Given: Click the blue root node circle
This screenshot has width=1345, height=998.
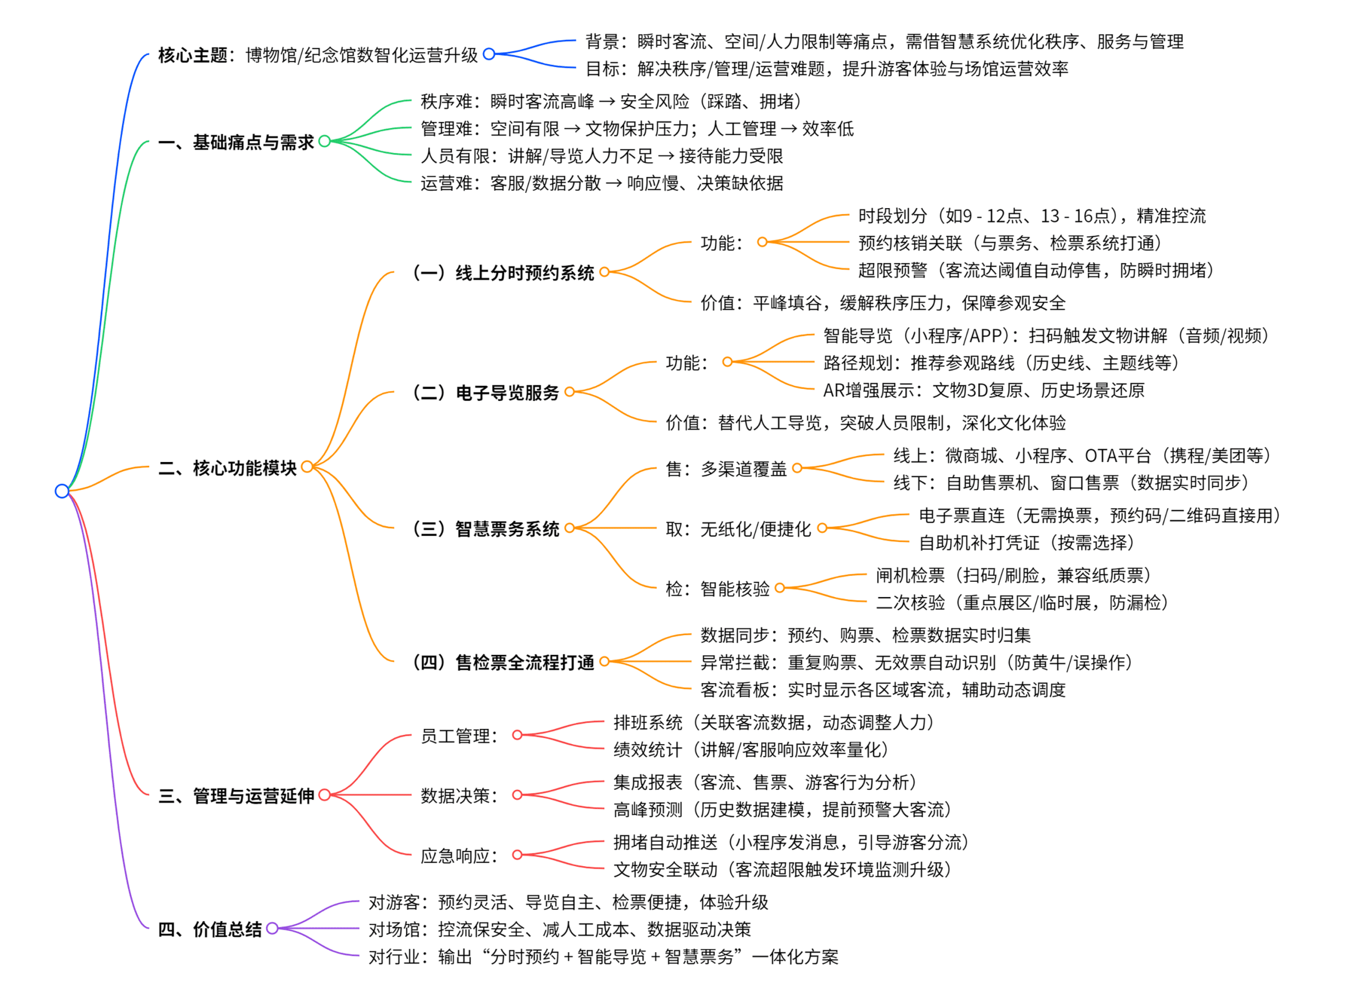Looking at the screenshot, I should (x=61, y=490).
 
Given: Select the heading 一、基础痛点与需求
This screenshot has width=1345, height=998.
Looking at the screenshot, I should (x=235, y=142).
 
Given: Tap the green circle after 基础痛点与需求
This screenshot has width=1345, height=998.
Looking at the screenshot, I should (x=324, y=141).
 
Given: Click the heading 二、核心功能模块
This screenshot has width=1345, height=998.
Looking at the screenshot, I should (x=227, y=468).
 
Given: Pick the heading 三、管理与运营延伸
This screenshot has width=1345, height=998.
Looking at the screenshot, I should (x=235, y=796).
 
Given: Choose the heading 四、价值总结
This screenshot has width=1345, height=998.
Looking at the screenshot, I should (x=210, y=929).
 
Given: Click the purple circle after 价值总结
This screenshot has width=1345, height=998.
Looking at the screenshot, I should (x=272, y=928).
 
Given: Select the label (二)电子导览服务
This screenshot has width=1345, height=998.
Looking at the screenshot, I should (x=485, y=393).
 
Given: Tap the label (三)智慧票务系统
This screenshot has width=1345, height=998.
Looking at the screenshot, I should (x=485, y=529).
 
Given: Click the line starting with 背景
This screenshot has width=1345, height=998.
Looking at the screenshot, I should (x=884, y=42).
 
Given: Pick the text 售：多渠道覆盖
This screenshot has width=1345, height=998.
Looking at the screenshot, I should (x=726, y=469).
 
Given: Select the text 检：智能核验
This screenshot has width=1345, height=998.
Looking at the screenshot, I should (x=718, y=589).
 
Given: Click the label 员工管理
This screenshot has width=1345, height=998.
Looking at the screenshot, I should (x=459, y=736).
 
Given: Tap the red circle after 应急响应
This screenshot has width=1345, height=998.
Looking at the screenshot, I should (x=517, y=855).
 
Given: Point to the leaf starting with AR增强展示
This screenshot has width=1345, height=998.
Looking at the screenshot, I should (x=983, y=390).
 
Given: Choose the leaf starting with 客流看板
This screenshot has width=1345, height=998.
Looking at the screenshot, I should (x=883, y=690).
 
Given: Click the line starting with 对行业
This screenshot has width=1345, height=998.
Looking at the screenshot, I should (x=603, y=956).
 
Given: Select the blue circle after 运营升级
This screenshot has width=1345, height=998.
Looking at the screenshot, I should (x=489, y=54).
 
